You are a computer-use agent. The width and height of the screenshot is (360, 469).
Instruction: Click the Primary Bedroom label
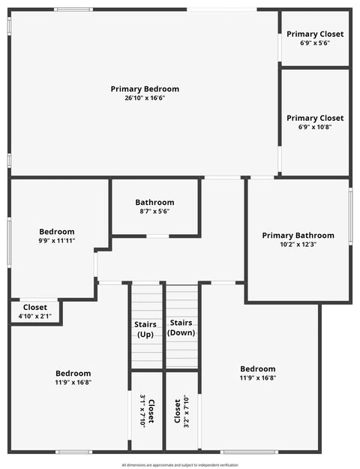[x=145, y=89]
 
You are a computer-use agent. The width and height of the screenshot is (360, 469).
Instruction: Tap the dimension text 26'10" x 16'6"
[x=145, y=98]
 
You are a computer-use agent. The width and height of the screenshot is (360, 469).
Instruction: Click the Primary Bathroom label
[x=298, y=236]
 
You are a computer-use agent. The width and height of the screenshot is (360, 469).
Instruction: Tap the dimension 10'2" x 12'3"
[x=298, y=245]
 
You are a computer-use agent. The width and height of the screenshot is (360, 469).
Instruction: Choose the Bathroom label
[x=154, y=203]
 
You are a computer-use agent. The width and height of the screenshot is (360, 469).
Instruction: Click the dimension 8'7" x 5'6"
[x=154, y=212]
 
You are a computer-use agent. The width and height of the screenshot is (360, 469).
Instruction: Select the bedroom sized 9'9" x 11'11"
[x=57, y=236]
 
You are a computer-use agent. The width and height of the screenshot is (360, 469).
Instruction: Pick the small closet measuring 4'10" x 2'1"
[x=35, y=311]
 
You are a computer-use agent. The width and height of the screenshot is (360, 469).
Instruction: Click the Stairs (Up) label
[x=145, y=329]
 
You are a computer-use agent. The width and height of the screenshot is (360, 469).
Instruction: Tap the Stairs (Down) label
[x=181, y=327]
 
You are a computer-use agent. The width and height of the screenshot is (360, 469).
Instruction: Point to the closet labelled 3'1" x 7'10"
[x=147, y=410]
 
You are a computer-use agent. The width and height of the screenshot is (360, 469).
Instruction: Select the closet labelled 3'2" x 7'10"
[x=181, y=410]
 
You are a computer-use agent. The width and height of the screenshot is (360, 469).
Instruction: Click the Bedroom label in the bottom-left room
[x=73, y=373]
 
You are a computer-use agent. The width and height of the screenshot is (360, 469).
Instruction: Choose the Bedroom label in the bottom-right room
[x=258, y=368]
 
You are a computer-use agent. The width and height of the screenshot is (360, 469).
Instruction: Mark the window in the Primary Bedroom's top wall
[x=73, y=9]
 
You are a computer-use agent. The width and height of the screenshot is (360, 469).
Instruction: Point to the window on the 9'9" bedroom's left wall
[x=9, y=242]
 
